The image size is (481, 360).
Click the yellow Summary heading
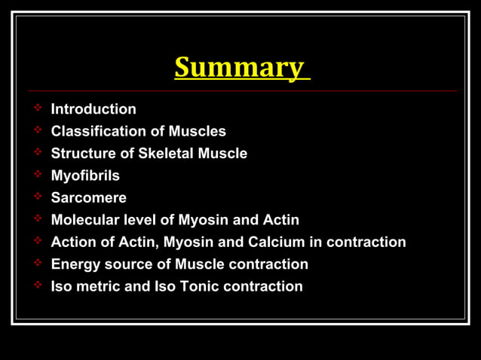click(x=240, y=68)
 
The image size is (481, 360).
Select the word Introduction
click(x=93, y=109)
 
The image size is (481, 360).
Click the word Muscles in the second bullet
click(x=197, y=131)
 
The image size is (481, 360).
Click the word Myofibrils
click(x=85, y=175)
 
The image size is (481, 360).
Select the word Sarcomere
click(x=88, y=197)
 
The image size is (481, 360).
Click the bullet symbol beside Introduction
click(x=37, y=109)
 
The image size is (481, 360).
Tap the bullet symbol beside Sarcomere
click(x=37, y=197)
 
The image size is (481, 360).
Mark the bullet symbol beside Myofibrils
click(x=37, y=175)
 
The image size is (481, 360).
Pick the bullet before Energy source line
click(x=37, y=264)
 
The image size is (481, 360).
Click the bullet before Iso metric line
click(x=37, y=285)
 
